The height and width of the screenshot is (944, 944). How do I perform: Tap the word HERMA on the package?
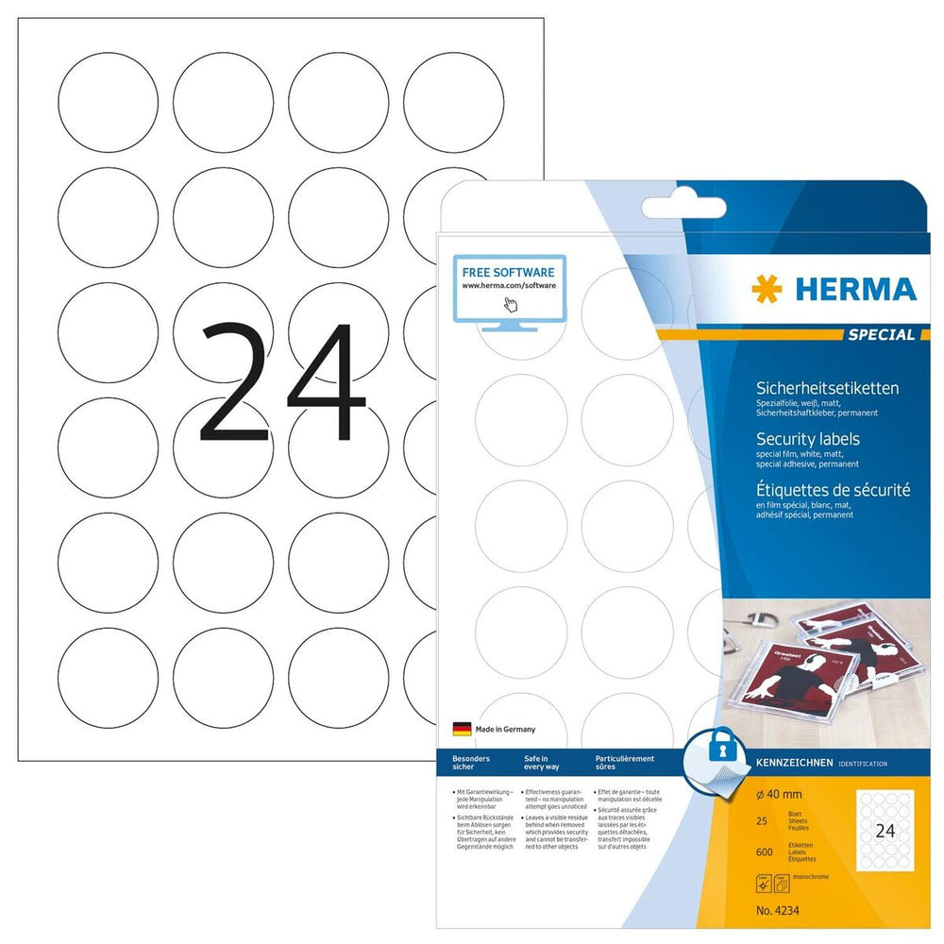click(855, 289)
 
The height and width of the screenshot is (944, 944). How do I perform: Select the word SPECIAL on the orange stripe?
click(880, 334)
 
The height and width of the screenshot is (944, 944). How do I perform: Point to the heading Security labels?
click(808, 439)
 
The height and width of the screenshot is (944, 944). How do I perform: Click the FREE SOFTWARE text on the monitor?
click(508, 271)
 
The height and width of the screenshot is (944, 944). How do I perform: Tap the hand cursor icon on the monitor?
click(511, 303)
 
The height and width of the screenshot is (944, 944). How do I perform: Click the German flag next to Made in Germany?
click(463, 729)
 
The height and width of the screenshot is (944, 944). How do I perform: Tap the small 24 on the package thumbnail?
click(886, 832)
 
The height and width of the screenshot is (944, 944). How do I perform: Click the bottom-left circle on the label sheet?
click(108, 679)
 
